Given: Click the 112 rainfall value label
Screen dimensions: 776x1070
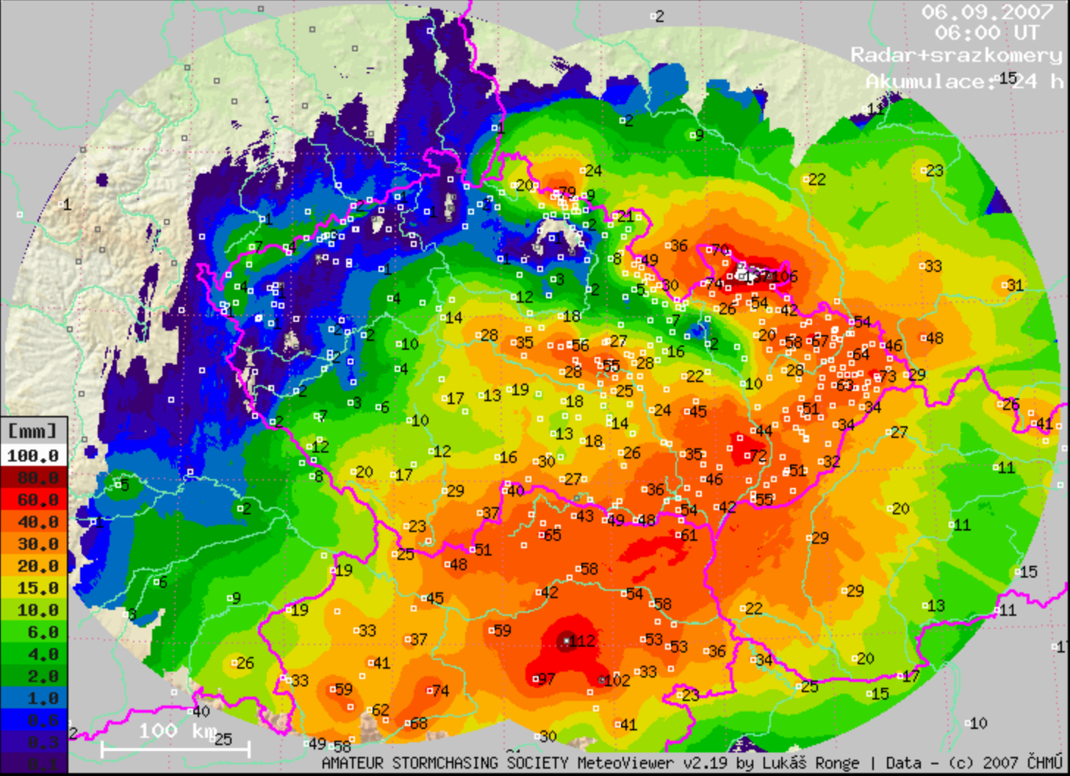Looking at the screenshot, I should point(583,641).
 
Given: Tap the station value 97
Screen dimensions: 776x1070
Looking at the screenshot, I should point(546,679).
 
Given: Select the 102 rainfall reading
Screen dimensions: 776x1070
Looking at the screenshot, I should point(616,680).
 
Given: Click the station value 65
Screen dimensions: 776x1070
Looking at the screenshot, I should point(551,536).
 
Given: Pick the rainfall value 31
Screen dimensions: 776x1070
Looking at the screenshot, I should point(1015,285).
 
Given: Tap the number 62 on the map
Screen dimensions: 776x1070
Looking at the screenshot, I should point(381,710).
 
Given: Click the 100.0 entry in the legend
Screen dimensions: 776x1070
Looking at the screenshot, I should point(33,456).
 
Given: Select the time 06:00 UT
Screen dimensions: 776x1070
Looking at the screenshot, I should point(987,33).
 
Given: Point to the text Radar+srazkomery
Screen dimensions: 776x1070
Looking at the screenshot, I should point(956,55).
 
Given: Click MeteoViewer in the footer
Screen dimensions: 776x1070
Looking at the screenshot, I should point(616,764).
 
